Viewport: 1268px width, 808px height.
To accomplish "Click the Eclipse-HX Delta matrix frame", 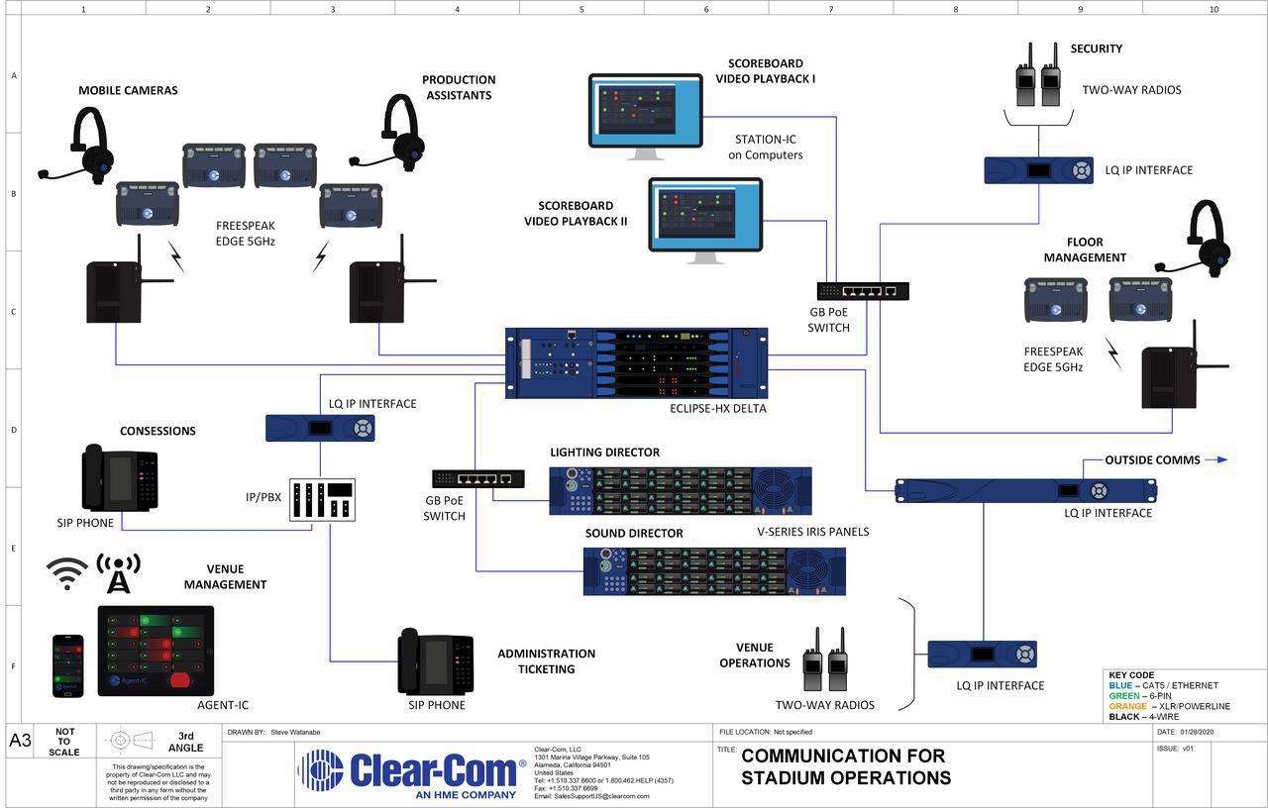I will tap(636, 363).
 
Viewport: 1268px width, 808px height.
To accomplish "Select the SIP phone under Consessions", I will tap(119, 479).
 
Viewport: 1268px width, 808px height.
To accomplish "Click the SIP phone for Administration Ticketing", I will tap(435, 661).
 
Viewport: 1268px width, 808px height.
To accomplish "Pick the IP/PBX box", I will tap(321, 501).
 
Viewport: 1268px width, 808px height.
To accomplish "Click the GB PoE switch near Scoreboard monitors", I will tap(862, 291).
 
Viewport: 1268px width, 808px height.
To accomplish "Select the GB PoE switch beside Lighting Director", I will tap(478, 478).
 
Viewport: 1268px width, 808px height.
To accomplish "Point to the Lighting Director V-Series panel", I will tap(680, 491).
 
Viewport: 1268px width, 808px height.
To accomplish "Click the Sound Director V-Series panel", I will tap(713, 570).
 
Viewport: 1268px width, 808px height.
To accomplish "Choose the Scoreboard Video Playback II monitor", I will tap(705, 217).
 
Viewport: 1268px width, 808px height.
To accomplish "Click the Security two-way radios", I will tap(1038, 76).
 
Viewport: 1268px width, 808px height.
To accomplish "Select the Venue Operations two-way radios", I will tap(824, 660).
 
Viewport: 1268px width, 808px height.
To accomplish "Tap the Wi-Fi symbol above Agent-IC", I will tap(67, 573).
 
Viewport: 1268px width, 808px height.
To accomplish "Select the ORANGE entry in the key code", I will tap(1169, 706).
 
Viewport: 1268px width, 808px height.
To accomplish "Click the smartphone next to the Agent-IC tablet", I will tap(67, 665).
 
